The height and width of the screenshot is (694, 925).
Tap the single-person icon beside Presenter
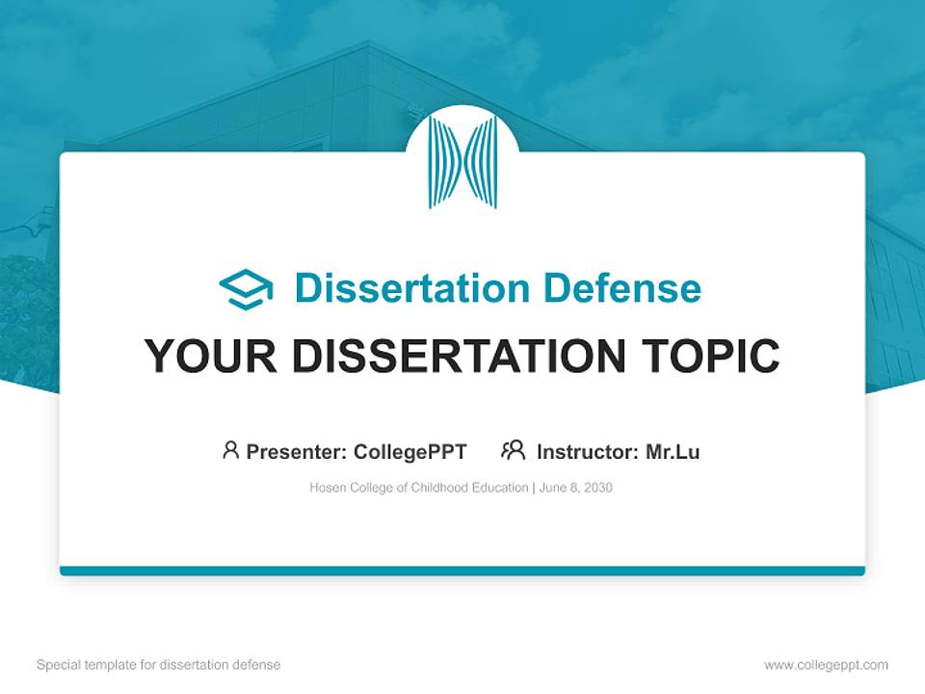click(x=230, y=450)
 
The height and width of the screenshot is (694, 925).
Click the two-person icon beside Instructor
click(x=513, y=450)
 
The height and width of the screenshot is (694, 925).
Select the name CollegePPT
click(x=410, y=452)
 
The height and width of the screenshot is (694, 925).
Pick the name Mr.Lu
click(x=673, y=452)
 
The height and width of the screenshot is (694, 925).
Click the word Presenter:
click(x=297, y=452)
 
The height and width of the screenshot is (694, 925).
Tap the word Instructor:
click(x=588, y=452)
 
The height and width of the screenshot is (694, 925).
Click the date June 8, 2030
click(x=576, y=488)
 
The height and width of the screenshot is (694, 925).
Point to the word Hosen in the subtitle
click(x=327, y=488)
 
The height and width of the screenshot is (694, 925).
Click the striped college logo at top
click(x=462, y=162)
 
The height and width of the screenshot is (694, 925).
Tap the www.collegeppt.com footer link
click(x=826, y=665)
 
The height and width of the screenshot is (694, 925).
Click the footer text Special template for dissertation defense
click(x=158, y=665)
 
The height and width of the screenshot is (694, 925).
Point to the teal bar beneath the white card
click(x=462, y=571)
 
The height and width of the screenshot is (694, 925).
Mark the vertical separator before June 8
click(x=534, y=488)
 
